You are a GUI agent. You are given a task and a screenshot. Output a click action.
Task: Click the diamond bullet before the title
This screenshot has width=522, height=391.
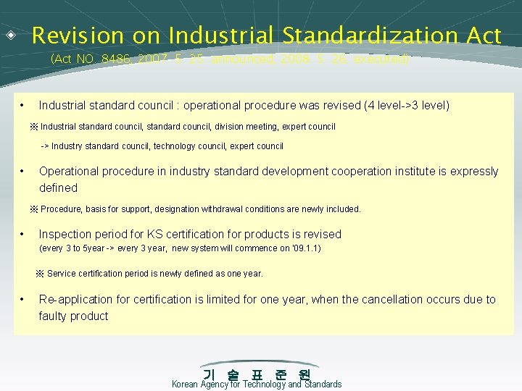point(12,34)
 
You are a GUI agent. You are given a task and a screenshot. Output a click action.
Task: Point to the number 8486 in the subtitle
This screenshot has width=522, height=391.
point(133,59)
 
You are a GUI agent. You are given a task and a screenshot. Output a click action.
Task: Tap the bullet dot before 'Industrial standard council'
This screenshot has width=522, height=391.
point(23,106)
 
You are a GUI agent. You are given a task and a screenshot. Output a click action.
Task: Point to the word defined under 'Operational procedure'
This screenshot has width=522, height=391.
point(58,188)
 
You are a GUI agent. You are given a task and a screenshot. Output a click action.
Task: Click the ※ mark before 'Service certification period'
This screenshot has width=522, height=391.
point(41,274)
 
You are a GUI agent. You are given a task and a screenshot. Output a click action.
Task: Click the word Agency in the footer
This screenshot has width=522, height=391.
point(214,384)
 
